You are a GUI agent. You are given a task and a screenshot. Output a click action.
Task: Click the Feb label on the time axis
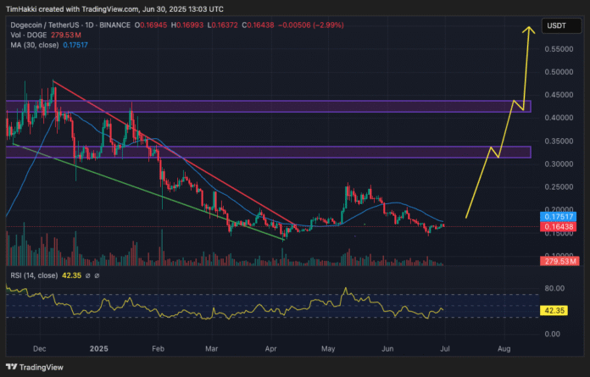(x=158, y=348)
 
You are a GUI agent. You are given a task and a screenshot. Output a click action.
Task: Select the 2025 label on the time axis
(x=100, y=348)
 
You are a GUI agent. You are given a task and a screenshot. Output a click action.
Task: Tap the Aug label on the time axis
(x=504, y=348)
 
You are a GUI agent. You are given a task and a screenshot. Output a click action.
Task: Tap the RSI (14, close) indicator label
(x=34, y=276)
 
